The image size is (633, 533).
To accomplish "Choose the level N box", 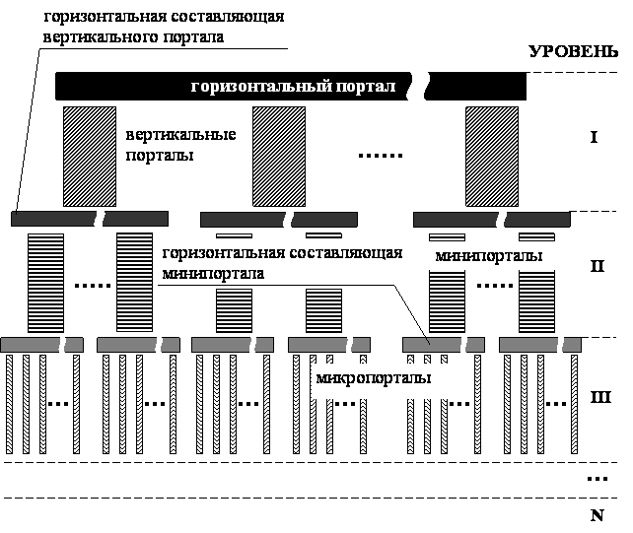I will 598,515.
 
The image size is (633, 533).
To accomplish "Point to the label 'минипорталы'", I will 483,256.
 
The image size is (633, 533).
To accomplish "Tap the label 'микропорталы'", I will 382,378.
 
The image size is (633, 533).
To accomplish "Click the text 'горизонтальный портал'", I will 293,87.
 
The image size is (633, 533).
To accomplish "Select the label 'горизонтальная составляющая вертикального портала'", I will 163,28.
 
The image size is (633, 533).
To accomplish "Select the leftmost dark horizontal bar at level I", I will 89,219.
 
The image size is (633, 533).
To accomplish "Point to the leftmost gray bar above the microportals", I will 41,344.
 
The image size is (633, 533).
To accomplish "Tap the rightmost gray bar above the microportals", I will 540,344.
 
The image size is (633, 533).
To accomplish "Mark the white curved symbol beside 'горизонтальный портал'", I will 419,86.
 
